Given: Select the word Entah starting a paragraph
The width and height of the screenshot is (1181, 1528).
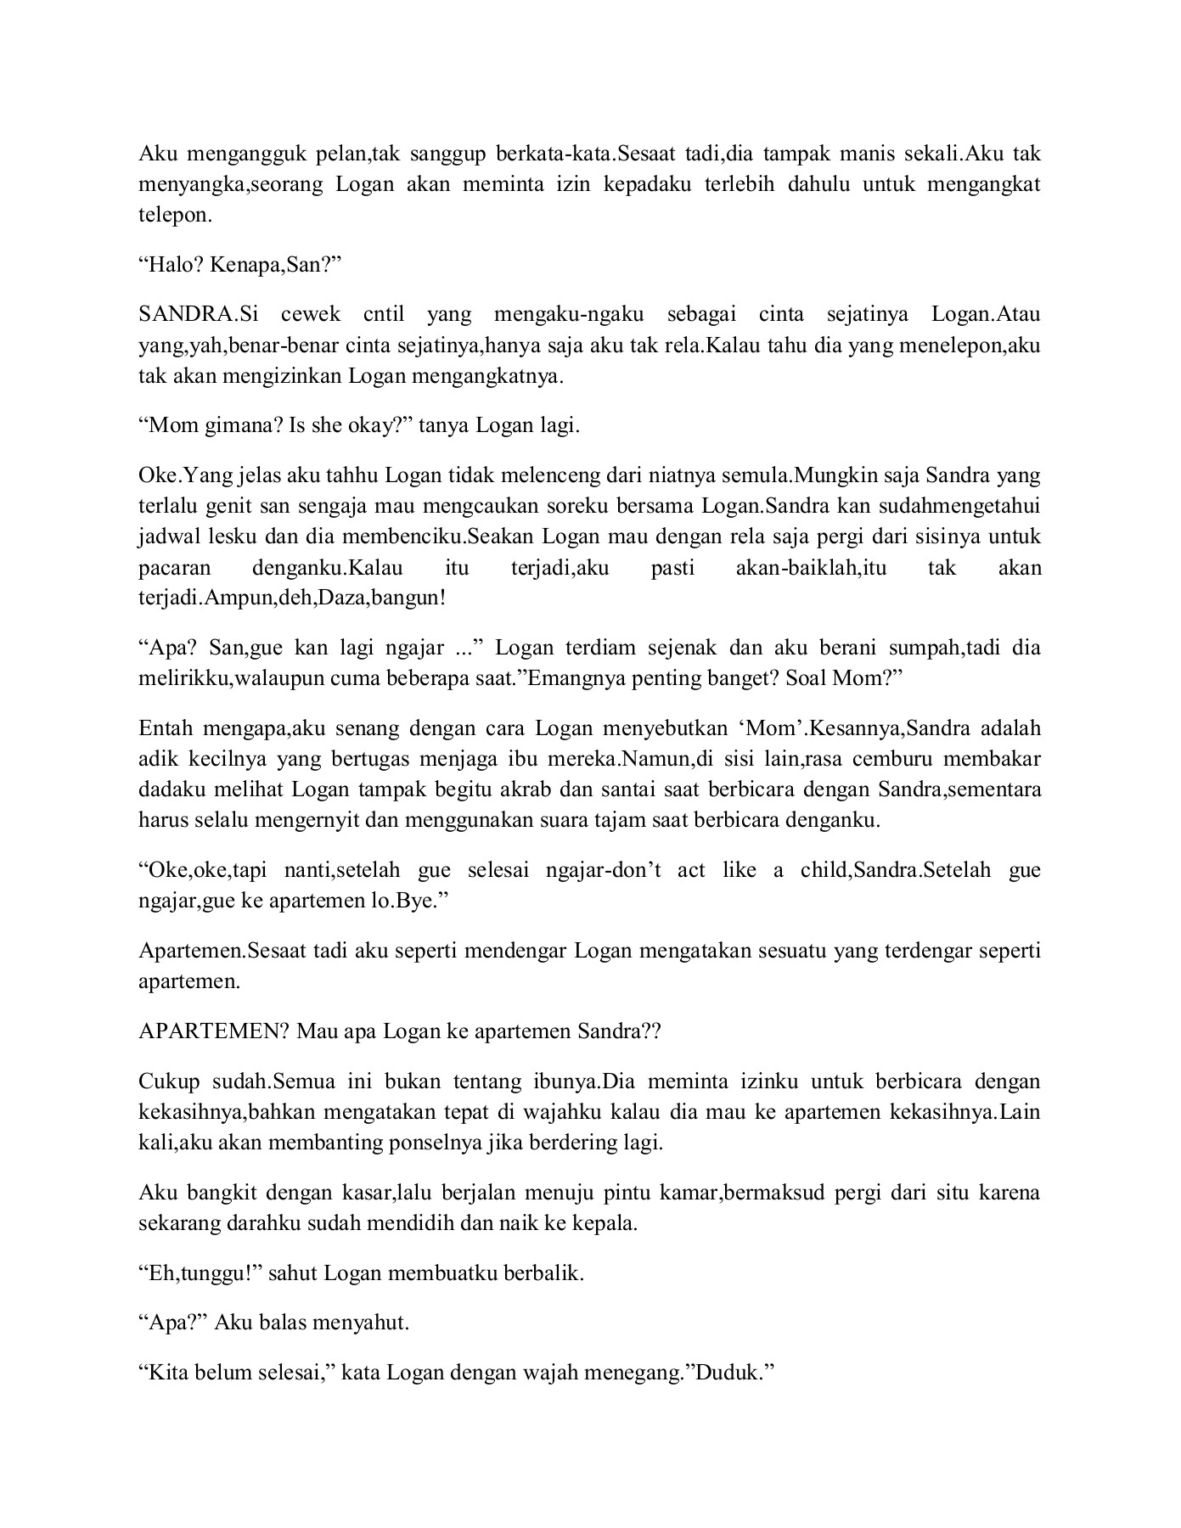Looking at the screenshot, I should click(x=167, y=728).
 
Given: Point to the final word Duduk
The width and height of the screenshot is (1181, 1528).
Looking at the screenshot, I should click(x=726, y=1373).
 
